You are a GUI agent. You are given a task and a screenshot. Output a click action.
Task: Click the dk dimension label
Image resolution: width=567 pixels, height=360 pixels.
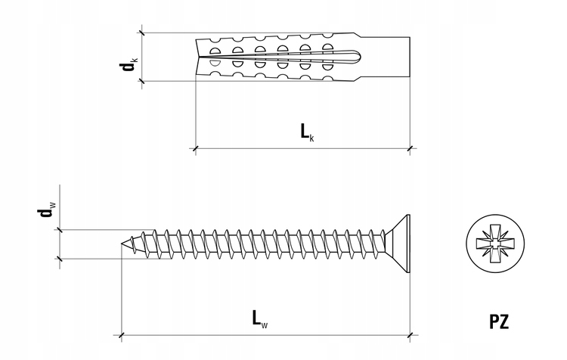[129, 64]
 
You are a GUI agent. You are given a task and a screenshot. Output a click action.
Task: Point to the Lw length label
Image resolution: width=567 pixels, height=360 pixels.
[260, 318]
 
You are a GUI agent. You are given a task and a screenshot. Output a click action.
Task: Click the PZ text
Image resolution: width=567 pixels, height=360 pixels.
[499, 321]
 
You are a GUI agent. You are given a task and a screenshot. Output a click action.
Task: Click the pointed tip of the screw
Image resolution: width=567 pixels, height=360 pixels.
[122, 244]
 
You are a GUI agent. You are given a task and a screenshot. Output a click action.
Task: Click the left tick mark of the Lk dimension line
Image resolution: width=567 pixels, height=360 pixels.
[196, 148]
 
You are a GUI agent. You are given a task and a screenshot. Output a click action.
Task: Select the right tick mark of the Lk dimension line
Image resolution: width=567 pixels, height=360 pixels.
[410, 148]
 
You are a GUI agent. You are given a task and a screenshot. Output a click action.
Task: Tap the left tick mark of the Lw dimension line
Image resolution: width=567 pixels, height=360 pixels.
[122, 335]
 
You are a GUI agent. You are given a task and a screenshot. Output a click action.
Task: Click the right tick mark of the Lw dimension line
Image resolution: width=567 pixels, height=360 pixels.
[410, 335]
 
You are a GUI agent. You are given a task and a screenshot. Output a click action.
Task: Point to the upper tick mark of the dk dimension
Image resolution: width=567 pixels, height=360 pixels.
[142, 33]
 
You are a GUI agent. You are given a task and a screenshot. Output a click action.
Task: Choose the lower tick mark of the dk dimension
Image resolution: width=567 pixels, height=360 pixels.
[142, 81]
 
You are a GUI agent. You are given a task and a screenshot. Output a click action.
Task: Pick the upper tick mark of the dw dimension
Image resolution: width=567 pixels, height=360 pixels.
[60, 230]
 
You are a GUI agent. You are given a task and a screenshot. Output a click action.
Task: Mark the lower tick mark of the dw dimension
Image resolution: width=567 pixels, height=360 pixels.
[60, 259]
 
